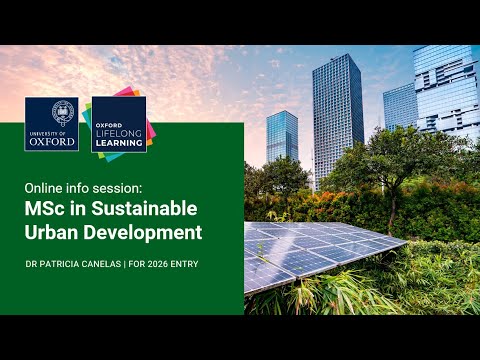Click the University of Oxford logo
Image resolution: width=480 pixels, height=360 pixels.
click(52, 123)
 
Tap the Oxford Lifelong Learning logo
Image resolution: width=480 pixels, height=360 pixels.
click(118, 123)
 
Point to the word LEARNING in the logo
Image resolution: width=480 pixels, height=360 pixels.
click(118, 141)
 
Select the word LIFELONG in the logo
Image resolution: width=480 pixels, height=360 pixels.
click(119, 131)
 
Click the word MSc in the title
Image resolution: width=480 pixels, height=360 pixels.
click(45, 209)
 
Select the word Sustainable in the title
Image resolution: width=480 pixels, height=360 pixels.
click(142, 209)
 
